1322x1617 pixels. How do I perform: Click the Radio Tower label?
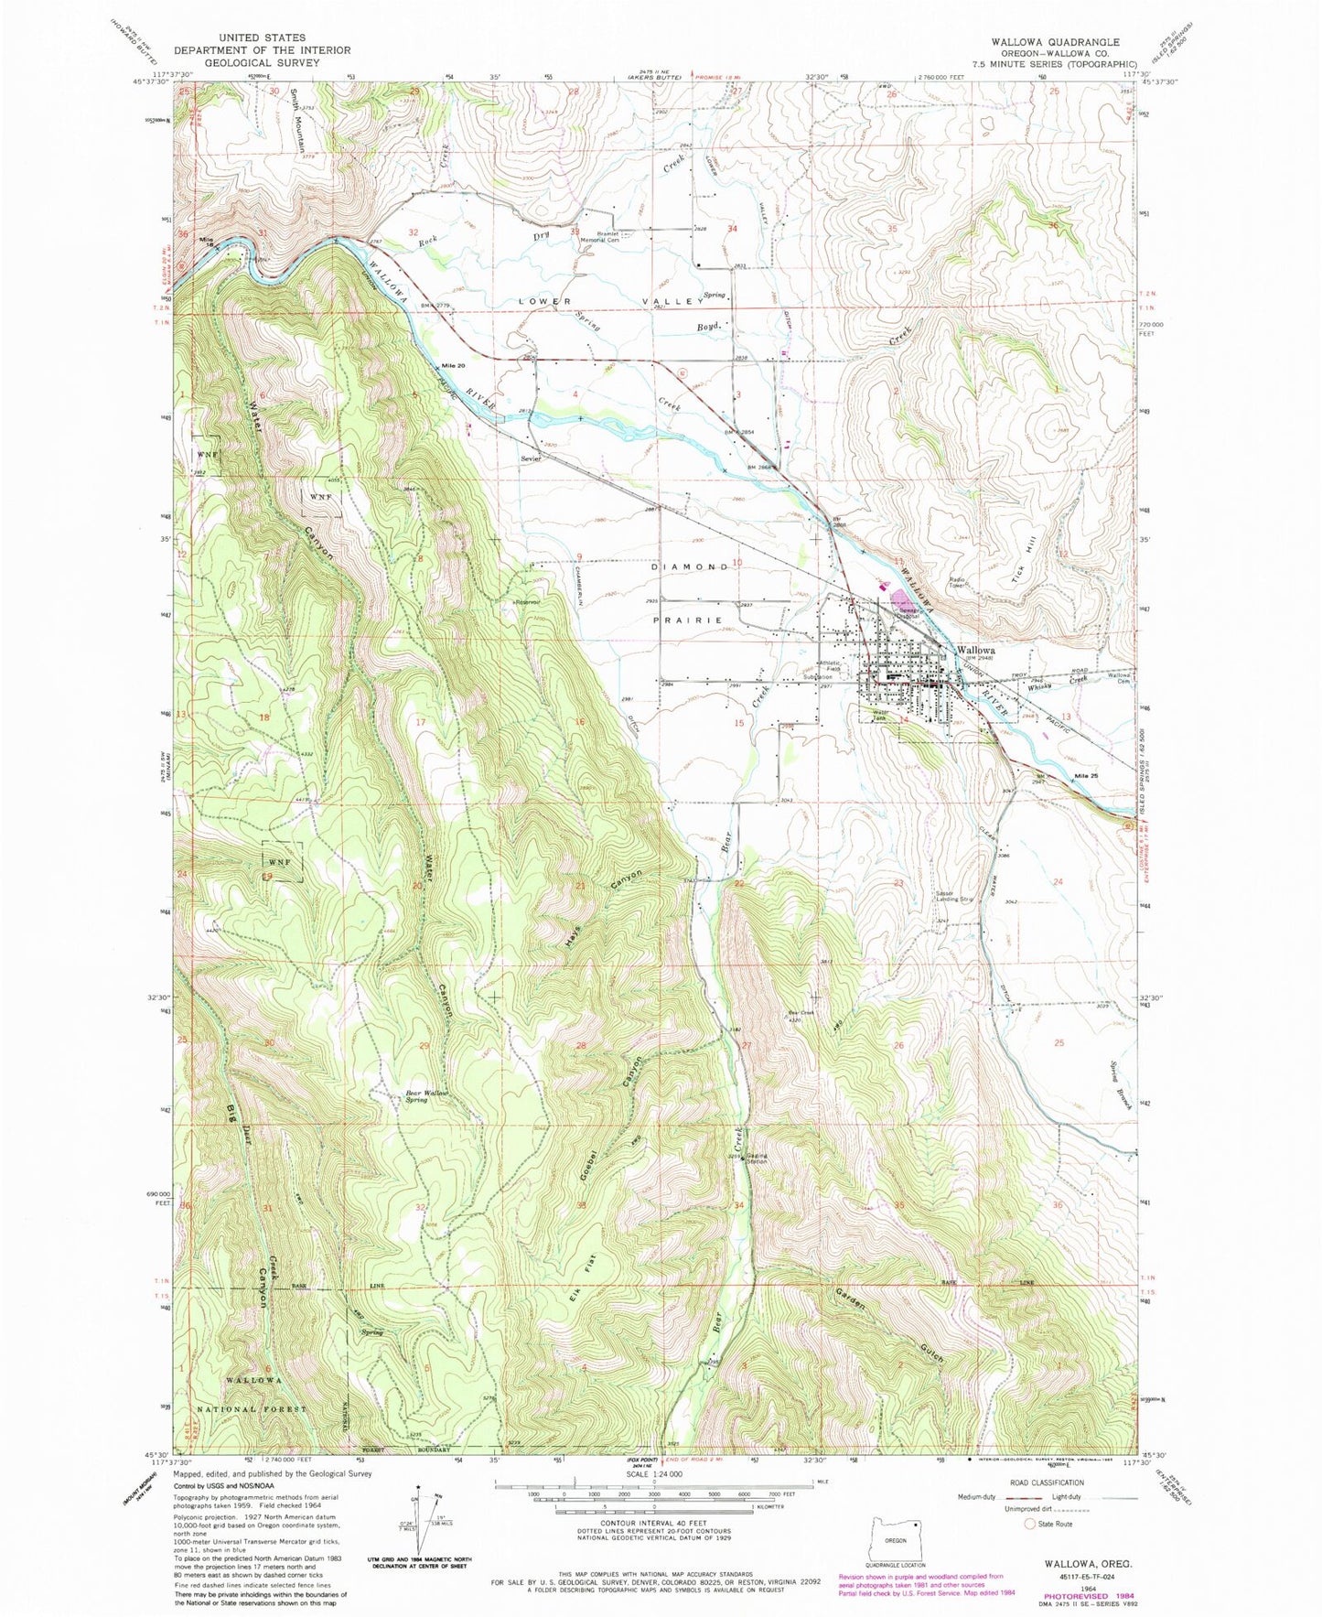point(959,583)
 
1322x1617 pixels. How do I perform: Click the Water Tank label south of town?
point(880,715)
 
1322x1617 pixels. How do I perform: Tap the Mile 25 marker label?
point(1086,776)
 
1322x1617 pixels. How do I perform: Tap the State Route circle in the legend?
point(1030,1524)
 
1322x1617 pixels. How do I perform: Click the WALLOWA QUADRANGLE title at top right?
point(1058,42)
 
